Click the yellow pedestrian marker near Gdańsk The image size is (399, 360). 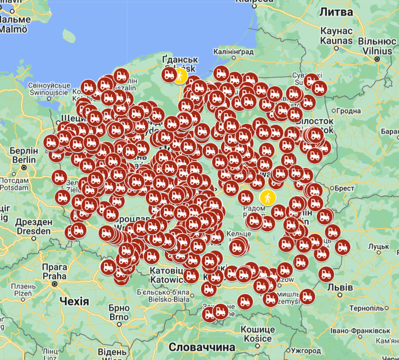coord(180,76)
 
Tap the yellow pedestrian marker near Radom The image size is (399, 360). coord(267,198)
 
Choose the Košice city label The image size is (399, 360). coord(257,334)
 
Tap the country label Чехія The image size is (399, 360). coord(74,301)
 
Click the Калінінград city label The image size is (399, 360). coord(233,51)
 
